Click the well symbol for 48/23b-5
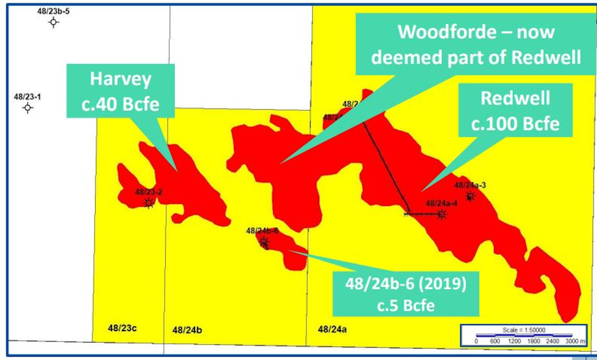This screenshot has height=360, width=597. [54, 22]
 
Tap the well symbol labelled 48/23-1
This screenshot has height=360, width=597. [28, 107]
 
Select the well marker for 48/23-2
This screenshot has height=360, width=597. [148, 202]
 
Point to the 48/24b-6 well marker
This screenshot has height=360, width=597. [264, 242]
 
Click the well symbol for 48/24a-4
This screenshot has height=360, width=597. [441, 214]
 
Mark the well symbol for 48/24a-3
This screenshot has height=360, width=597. [470, 197]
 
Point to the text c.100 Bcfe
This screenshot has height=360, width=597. [515, 123]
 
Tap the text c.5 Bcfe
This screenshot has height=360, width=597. [405, 303]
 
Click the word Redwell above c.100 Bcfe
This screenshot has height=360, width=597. [515, 98]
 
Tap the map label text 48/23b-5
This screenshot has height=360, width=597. [53, 10]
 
